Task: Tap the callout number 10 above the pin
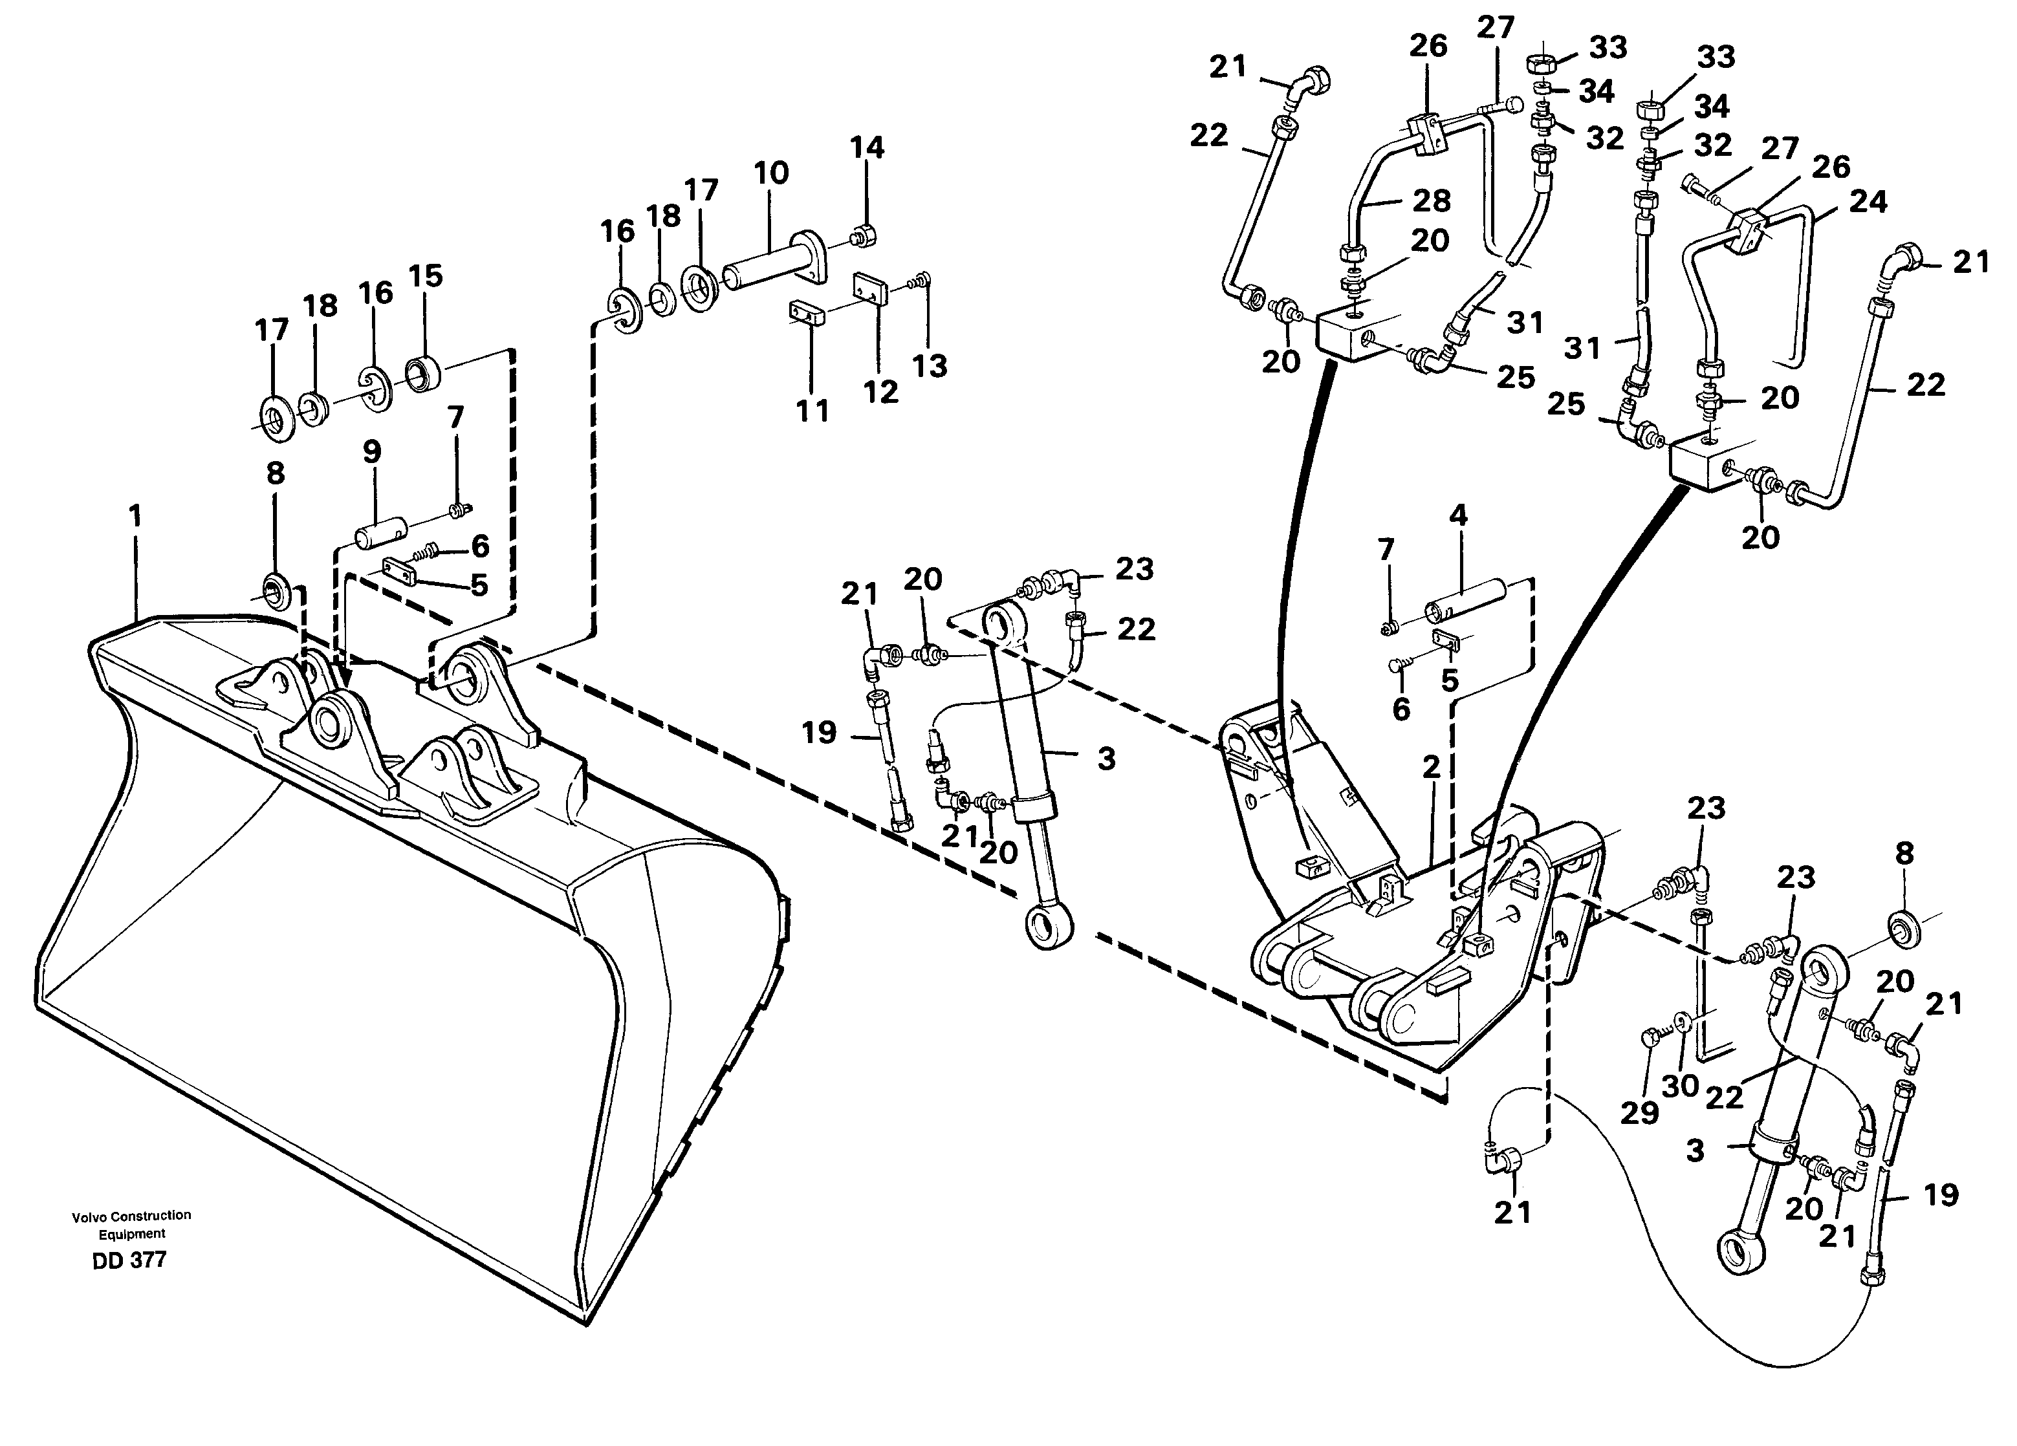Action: pyautogui.click(x=771, y=173)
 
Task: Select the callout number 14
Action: pyautogui.click(x=867, y=147)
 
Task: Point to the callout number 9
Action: pyautogui.click(x=372, y=452)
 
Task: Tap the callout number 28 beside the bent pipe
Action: pyautogui.click(x=1432, y=201)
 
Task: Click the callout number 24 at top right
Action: pyautogui.click(x=1868, y=202)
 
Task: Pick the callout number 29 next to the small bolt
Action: pyautogui.click(x=1639, y=1112)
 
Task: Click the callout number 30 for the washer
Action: pyautogui.click(x=1680, y=1086)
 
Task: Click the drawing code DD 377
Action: pyautogui.click(x=129, y=1260)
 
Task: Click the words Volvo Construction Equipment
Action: pyautogui.click(x=131, y=1224)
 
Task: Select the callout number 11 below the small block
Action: pyautogui.click(x=812, y=410)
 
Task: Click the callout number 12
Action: pyautogui.click(x=880, y=392)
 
